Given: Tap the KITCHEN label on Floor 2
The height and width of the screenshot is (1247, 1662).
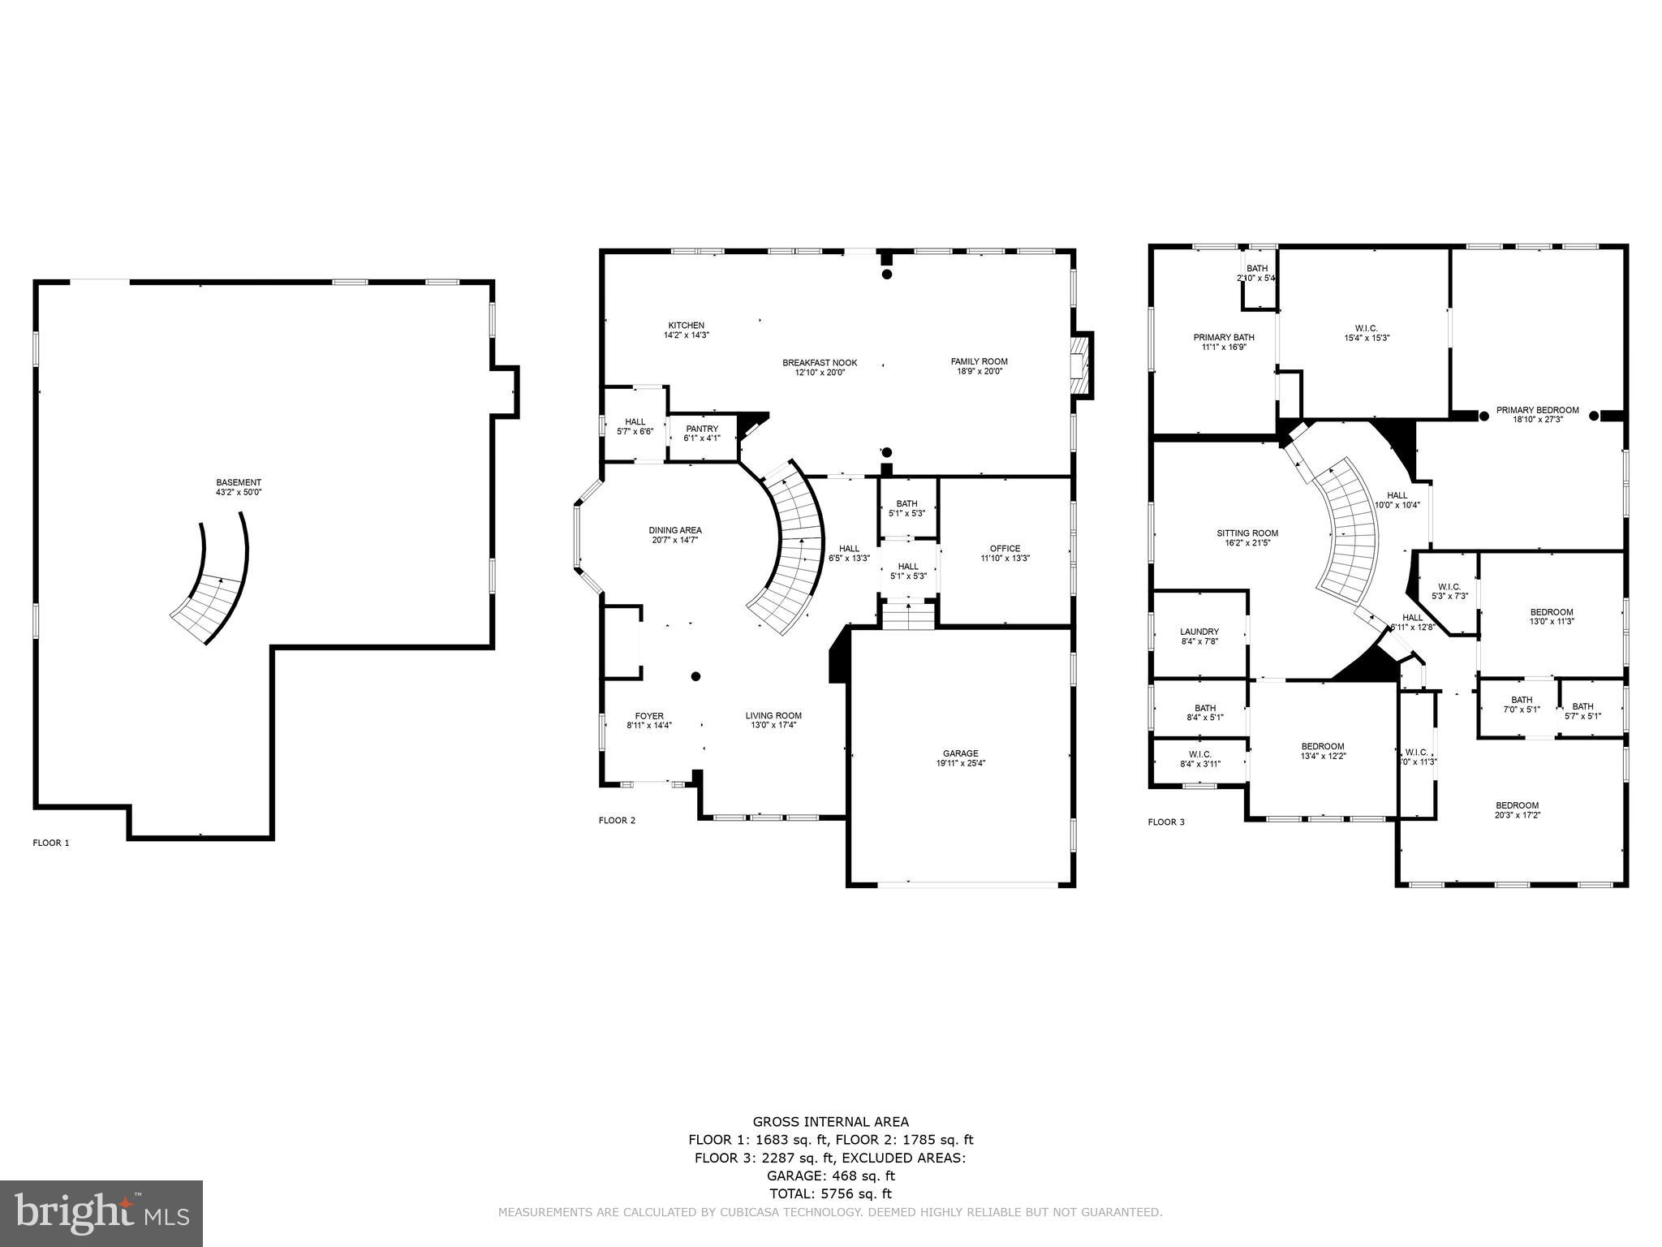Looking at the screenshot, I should coord(686,325).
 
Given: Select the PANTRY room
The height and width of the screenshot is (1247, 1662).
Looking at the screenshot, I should coord(702,434).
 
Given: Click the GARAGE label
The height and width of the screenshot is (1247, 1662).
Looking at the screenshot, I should coord(961,753).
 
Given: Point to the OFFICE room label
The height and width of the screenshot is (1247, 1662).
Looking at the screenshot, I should coord(1005,548).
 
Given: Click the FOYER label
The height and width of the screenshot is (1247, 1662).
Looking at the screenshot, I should coord(649,716).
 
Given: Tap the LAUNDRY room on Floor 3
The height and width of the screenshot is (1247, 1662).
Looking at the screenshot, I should coord(1199,632).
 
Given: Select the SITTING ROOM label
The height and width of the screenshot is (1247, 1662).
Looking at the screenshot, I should coord(1247,533).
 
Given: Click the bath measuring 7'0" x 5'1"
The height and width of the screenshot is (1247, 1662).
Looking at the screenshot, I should coord(1522,705).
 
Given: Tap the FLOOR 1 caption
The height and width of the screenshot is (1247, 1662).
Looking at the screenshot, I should coord(51,843).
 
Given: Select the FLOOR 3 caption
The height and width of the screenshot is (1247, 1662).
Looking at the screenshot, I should coord(1166,822).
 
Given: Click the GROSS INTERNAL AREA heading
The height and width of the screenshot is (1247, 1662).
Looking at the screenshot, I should coord(830,1123).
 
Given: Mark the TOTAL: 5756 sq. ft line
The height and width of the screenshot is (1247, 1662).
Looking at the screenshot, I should coord(830,1194).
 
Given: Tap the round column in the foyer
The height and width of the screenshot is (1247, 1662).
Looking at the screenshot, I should coord(695,676).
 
